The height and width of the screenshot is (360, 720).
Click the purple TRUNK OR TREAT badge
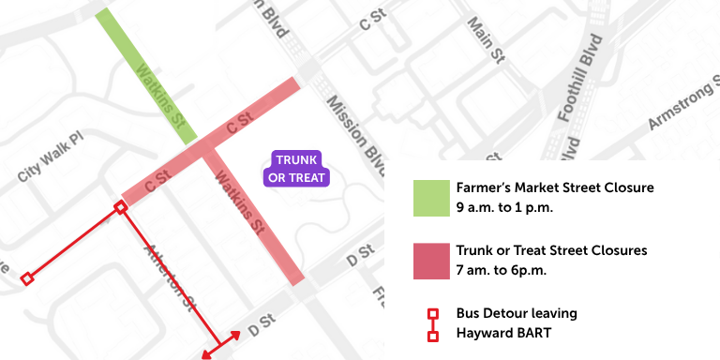tap(296, 168)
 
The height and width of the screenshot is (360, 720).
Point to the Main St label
tap(486, 41)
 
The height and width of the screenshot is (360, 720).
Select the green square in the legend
tap(431, 197)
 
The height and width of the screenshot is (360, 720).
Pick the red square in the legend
tap(431, 261)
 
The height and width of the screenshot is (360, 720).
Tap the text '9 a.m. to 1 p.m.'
tap(504, 206)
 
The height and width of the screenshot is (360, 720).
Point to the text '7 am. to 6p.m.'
tap(502, 270)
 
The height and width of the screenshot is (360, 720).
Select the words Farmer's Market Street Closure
tap(554, 187)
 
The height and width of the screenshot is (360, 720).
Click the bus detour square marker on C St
tap(120, 207)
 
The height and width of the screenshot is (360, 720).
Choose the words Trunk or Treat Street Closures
tap(551, 251)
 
